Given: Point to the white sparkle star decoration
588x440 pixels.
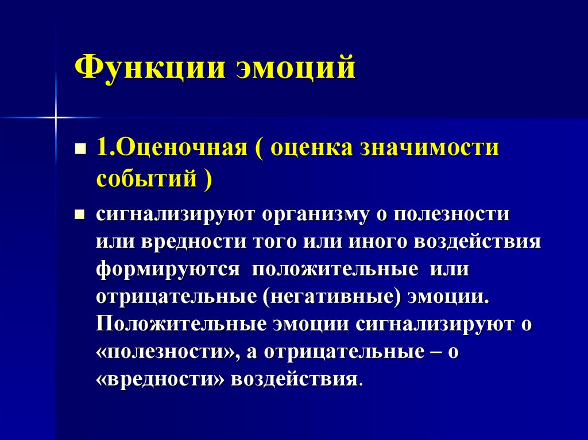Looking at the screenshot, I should coord(56,117).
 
